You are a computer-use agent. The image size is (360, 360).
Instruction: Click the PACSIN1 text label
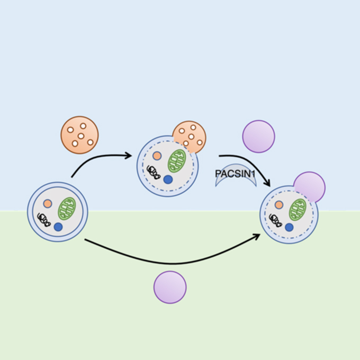[x=235, y=173]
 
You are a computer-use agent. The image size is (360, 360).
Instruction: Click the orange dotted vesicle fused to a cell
[x=190, y=137]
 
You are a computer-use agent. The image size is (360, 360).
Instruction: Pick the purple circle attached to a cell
[x=309, y=187]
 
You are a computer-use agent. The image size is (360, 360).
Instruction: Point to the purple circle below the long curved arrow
[x=170, y=287]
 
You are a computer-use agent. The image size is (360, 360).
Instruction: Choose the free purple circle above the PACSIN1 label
[x=258, y=137]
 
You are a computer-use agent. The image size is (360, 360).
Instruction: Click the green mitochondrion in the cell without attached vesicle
[x=67, y=209]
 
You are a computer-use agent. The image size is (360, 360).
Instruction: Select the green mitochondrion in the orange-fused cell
[x=177, y=161]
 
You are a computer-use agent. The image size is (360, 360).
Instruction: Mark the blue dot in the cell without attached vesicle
[x=58, y=227]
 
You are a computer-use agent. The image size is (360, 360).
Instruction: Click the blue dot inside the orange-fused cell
[x=168, y=179]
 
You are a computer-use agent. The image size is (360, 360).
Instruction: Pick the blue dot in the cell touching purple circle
[x=289, y=227]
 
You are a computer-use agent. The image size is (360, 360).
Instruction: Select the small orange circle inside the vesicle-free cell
[x=48, y=203]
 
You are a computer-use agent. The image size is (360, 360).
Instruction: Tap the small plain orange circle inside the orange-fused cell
[x=157, y=156]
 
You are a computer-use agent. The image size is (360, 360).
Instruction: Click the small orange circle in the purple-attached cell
[x=279, y=204]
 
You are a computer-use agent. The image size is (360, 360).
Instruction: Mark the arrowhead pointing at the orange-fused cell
[x=128, y=156]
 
